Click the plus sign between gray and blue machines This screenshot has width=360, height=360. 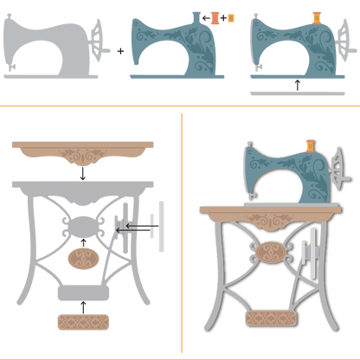[120, 51]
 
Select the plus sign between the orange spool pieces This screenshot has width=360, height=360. [222, 17]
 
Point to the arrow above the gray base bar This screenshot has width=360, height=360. [297, 83]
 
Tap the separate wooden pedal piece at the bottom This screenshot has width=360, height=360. [81, 323]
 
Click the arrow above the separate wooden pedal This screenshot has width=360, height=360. [81, 306]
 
